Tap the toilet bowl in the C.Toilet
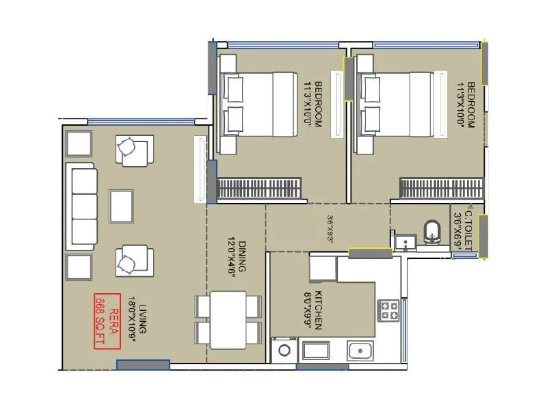click(x=432, y=232)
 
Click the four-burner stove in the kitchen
click(x=389, y=311)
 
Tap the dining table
click(x=228, y=320)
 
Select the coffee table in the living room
click(x=121, y=207)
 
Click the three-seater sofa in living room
click(x=83, y=207)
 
